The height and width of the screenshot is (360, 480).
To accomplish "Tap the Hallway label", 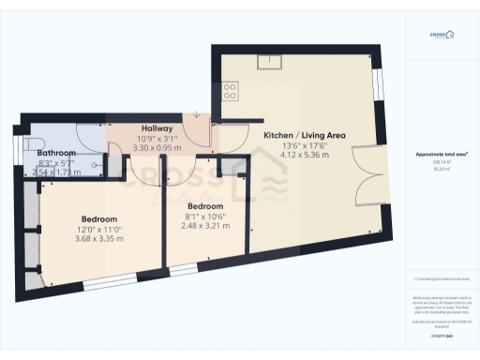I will tap(157, 128).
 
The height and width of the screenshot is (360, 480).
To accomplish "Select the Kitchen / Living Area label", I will tap(305, 136).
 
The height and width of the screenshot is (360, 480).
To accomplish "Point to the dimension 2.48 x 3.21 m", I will tap(205, 225).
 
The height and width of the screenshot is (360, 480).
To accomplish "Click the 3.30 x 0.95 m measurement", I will tap(157, 148).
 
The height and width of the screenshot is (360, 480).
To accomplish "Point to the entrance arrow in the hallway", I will tap(196, 113).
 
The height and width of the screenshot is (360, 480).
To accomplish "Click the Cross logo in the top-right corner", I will tap(441, 36).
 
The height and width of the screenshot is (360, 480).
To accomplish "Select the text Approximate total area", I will tap(441, 153).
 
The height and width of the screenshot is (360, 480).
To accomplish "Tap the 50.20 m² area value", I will tap(441, 170).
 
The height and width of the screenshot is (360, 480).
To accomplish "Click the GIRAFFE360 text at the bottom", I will tap(441, 334).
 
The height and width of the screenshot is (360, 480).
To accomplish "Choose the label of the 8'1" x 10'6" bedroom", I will tap(205, 205).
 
